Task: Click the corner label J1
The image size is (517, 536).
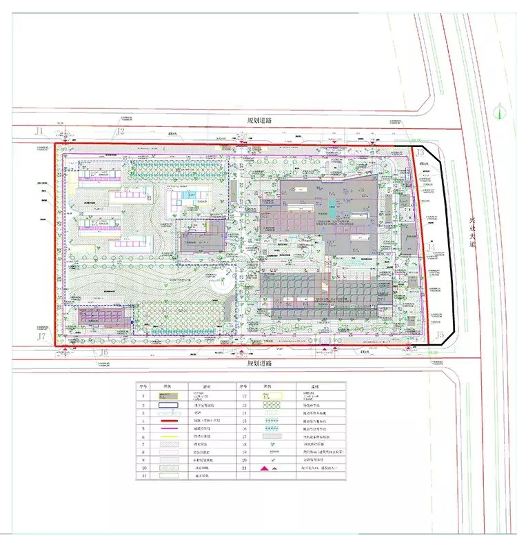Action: [x=39, y=130]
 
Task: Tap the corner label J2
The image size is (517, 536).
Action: [x=120, y=130]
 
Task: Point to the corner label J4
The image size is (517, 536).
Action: [x=432, y=246]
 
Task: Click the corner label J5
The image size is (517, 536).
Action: [x=440, y=335]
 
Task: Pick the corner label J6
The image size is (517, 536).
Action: [x=103, y=353]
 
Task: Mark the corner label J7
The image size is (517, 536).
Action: [x=42, y=337]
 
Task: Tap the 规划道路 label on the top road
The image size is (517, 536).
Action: [x=260, y=120]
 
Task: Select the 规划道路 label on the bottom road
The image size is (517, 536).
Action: [x=260, y=362]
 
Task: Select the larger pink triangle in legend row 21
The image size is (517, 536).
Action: [x=263, y=468]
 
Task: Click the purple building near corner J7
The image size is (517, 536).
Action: [x=103, y=317]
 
